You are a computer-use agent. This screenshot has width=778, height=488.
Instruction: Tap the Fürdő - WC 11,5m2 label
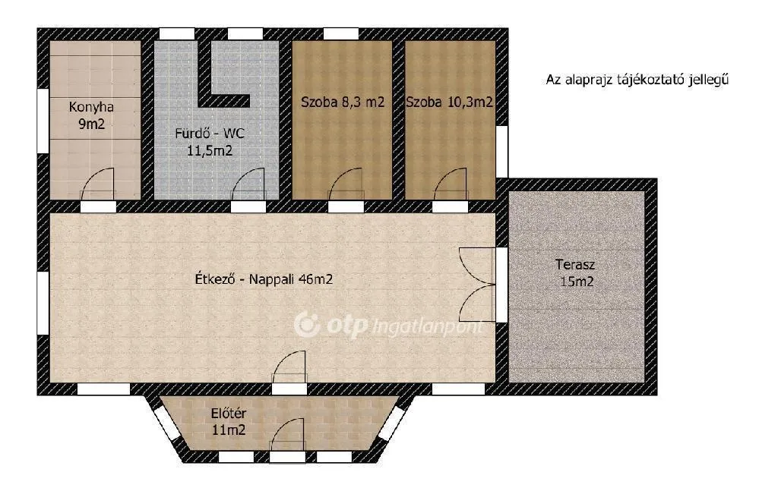pos(210,142)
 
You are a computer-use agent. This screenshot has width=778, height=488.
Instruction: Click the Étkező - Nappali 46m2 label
pos(264,279)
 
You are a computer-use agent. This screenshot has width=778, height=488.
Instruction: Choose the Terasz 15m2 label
pos(574,273)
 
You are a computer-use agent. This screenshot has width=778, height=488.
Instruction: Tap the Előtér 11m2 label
pos(229,421)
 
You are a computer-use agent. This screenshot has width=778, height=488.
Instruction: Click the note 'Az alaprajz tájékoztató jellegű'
pos(637,79)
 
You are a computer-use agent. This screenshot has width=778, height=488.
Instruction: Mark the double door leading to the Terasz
pos(479,285)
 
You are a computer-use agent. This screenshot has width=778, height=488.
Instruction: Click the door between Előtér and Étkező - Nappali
pos(289,370)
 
